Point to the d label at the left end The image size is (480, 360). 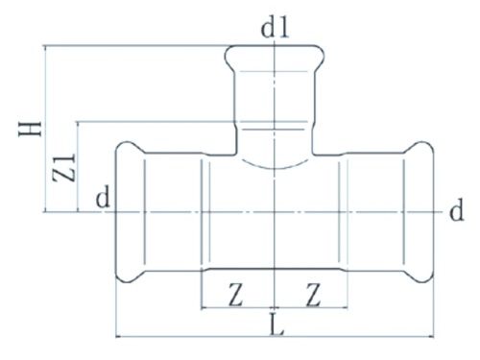point(100,200)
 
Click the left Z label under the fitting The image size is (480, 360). point(235,293)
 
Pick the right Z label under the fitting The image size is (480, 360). point(312,293)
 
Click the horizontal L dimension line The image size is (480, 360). point(192,337)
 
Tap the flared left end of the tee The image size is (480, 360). point(123,212)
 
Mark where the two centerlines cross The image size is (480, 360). point(276,212)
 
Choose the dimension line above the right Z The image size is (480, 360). point(312,309)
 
